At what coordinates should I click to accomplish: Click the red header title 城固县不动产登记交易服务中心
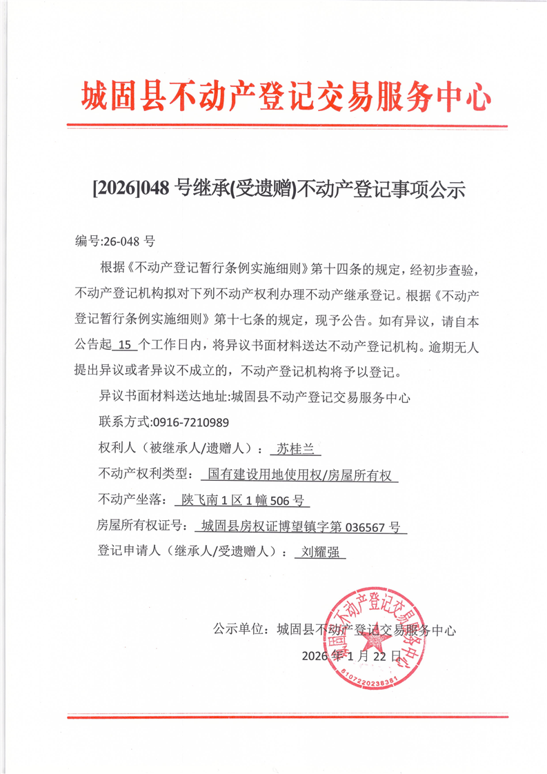[286, 96]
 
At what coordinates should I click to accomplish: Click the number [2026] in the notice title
[115, 188]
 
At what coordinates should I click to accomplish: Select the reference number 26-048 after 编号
[121, 241]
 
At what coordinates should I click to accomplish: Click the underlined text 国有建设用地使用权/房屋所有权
[299, 475]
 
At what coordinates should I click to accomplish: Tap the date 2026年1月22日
[352, 655]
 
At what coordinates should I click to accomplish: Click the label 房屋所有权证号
[137, 526]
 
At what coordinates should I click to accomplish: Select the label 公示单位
[238, 630]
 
